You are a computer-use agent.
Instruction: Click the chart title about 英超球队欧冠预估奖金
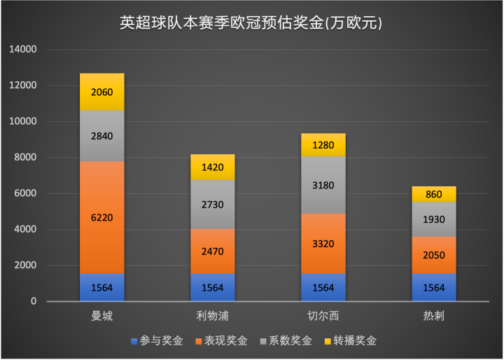[251, 22]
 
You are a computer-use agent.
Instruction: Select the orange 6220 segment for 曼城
[102, 217]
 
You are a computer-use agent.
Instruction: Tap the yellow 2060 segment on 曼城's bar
[102, 92]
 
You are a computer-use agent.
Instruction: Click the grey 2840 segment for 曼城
[102, 136]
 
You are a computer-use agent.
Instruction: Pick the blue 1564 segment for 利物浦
[212, 287]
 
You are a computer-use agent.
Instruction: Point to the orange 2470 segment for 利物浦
[212, 251]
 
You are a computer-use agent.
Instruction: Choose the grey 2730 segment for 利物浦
[212, 205]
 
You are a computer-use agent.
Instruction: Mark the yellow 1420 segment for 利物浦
[212, 167]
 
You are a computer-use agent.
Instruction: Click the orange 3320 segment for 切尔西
[323, 244]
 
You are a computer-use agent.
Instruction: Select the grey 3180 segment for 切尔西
[323, 185]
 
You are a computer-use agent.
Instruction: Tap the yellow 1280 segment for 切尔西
[323, 145]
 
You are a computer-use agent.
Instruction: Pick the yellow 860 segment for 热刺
[433, 194]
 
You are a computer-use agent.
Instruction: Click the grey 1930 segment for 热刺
[433, 219]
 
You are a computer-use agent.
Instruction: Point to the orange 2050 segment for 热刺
[433, 255]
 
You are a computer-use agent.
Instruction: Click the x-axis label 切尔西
[323, 317]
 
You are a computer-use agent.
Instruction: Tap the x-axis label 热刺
[433, 317]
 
